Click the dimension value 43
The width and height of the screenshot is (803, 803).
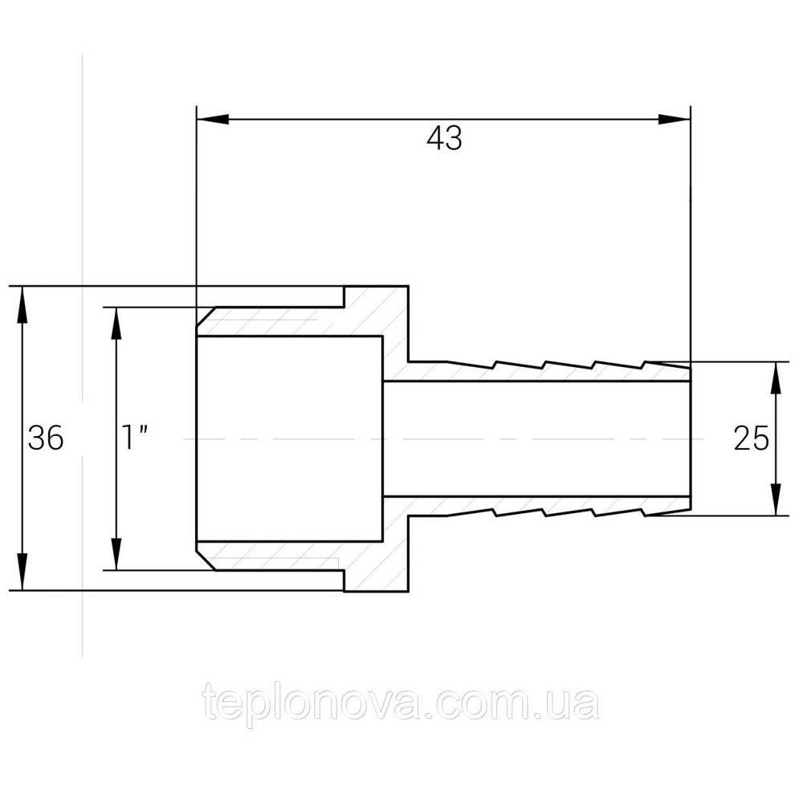pos(444,138)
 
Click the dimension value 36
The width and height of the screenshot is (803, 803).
pos(46,438)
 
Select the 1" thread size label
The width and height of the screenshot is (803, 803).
pos(135,438)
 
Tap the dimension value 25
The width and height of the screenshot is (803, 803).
pos(752,438)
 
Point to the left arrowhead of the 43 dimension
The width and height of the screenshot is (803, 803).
pos(212,120)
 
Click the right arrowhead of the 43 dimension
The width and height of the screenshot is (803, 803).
pos(675,120)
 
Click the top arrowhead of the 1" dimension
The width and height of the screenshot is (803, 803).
pos(116,323)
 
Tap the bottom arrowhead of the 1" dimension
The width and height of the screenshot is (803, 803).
pos(116,553)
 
